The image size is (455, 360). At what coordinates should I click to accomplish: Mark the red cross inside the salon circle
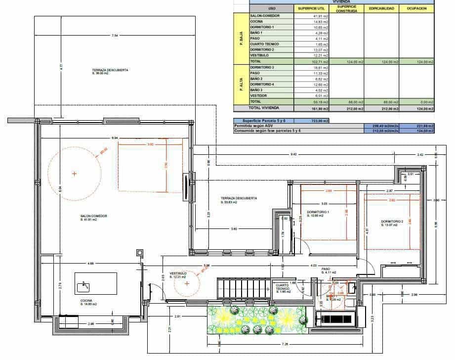click(74, 174)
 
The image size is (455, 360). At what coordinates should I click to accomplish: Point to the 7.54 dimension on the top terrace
click(115, 36)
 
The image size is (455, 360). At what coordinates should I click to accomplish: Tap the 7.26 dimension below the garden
click(285, 344)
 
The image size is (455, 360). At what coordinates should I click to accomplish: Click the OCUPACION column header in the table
click(416, 8)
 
